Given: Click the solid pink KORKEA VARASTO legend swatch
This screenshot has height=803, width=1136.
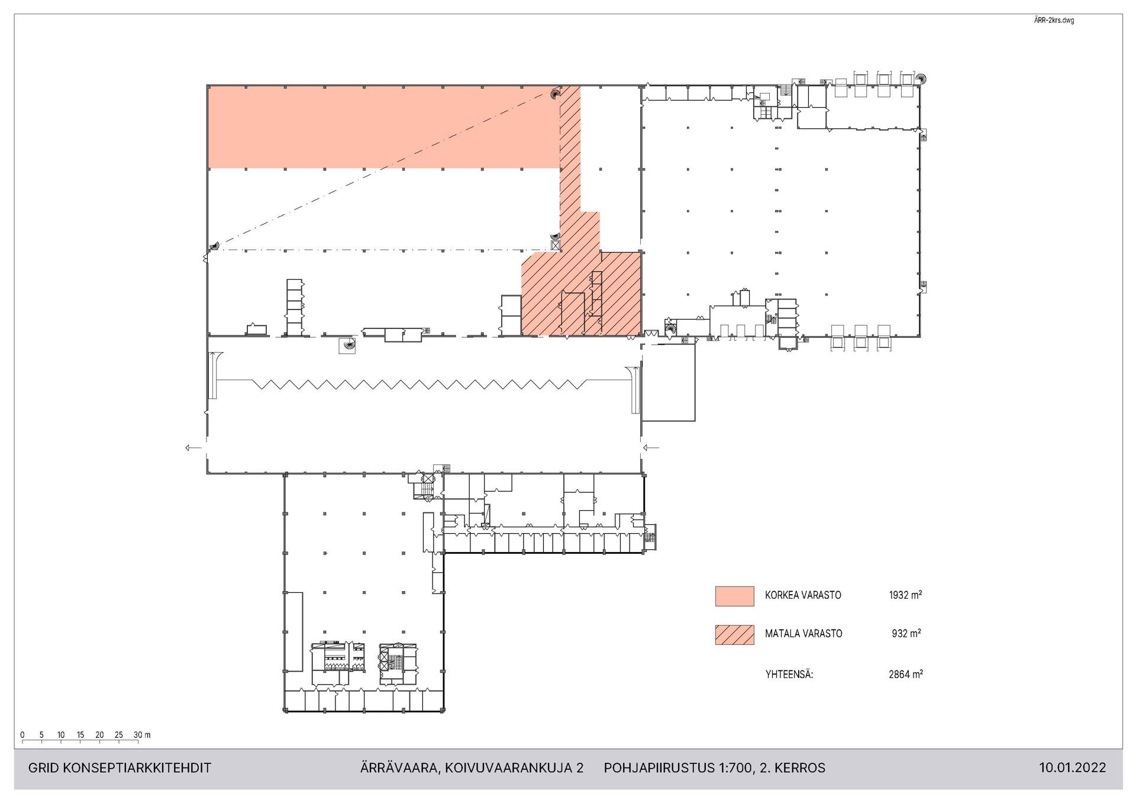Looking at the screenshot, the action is click(734, 596).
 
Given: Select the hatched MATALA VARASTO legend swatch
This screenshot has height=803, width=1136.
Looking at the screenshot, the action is click(734, 634).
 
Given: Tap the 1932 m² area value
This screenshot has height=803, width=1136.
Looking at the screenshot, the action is click(905, 595).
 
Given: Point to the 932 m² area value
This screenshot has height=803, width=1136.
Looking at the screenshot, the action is click(906, 634).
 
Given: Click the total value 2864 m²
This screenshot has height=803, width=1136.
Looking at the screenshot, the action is click(905, 674).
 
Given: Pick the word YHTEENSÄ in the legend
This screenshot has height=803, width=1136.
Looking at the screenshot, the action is click(789, 674).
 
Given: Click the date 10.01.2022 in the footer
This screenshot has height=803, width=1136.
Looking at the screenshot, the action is click(1072, 768).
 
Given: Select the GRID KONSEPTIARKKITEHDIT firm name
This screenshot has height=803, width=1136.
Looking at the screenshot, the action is click(120, 768).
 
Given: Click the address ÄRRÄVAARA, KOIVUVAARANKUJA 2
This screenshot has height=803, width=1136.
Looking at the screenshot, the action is click(472, 768).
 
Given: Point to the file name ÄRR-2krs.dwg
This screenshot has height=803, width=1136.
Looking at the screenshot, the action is click(1054, 21).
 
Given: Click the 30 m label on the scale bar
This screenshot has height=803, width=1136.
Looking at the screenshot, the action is click(142, 735).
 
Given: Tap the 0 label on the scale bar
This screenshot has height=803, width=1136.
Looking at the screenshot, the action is click(22, 735).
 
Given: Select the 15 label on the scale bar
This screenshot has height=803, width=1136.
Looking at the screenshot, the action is click(80, 735).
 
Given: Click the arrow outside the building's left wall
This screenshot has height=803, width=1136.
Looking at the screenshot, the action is click(193, 448).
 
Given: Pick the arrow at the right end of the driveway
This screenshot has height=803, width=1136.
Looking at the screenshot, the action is click(651, 448).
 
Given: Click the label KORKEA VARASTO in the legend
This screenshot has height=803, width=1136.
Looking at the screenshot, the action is click(803, 595).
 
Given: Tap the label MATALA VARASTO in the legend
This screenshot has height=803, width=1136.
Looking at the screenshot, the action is click(803, 634).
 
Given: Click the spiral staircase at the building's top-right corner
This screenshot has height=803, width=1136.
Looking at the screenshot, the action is click(921, 79).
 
